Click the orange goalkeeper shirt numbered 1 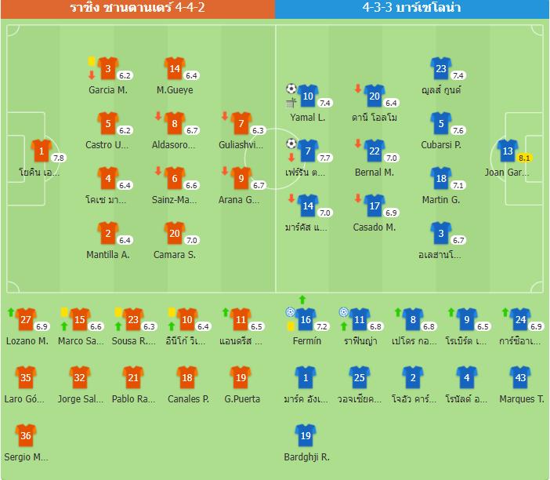[x=41, y=151]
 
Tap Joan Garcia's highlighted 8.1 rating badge [x=524, y=158]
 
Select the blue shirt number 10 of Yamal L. [x=308, y=96]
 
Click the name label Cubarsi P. [x=441, y=145]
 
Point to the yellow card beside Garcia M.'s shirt [x=92, y=60]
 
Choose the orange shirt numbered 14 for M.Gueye [x=175, y=68]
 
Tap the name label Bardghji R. [x=306, y=457]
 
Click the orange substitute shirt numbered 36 [x=26, y=435]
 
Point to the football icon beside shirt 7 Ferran [x=291, y=144]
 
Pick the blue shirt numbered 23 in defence [x=441, y=68]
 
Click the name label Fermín [x=306, y=341]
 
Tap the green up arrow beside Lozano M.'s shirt [x=10, y=312]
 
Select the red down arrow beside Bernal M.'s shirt [x=357, y=144]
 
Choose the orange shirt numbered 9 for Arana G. [x=241, y=178]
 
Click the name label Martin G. [x=441, y=200]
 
